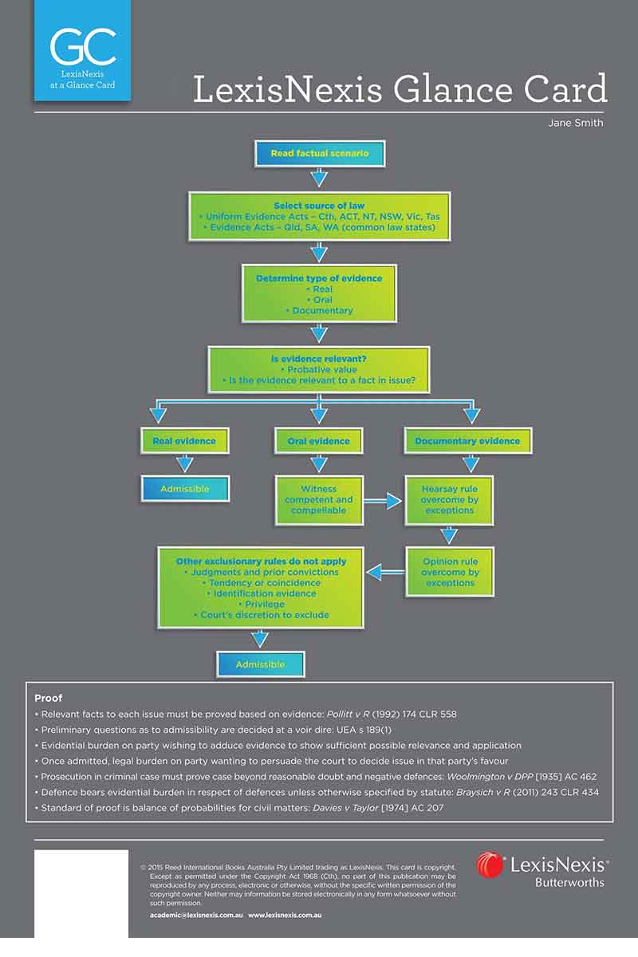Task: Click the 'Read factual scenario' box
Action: click(320, 153)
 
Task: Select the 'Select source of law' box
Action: click(319, 216)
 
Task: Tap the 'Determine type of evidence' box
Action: click(319, 293)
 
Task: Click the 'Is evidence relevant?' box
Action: click(319, 369)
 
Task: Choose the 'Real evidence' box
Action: click(184, 441)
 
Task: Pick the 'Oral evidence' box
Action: click(319, 441)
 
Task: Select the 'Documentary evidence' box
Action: click(467, 441)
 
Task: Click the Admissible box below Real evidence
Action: click(185, 489)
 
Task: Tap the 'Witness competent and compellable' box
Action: click(319, 500)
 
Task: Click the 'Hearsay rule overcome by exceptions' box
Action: click(449, 500)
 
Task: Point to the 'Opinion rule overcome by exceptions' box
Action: click(450, 572)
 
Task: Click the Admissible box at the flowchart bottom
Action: click(260, 664)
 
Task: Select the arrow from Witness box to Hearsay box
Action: click(383, 501)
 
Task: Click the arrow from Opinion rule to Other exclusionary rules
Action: click(386, 572)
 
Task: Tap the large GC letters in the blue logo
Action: click(83, 46)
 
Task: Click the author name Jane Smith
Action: click(576, 123)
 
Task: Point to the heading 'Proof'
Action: click(49, 698)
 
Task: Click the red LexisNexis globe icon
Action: click(490, 864)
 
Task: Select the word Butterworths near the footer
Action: click(569, 882)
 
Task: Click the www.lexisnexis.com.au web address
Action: click(285, 916)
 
